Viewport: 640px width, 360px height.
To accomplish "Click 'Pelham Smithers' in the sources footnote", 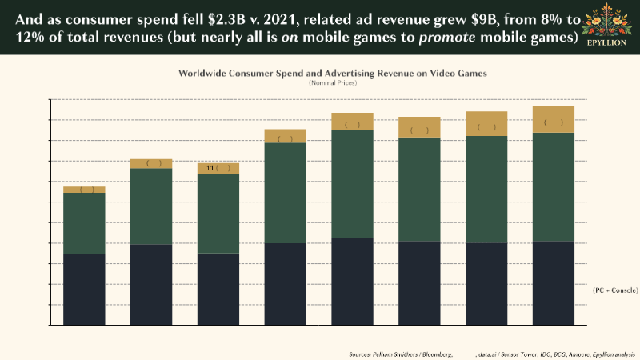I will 391,353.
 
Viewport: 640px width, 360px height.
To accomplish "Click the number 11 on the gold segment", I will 210,169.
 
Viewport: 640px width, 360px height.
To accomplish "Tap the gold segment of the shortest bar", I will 84,190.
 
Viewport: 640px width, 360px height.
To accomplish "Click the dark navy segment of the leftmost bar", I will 84,290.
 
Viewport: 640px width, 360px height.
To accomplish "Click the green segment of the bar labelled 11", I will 218,214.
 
